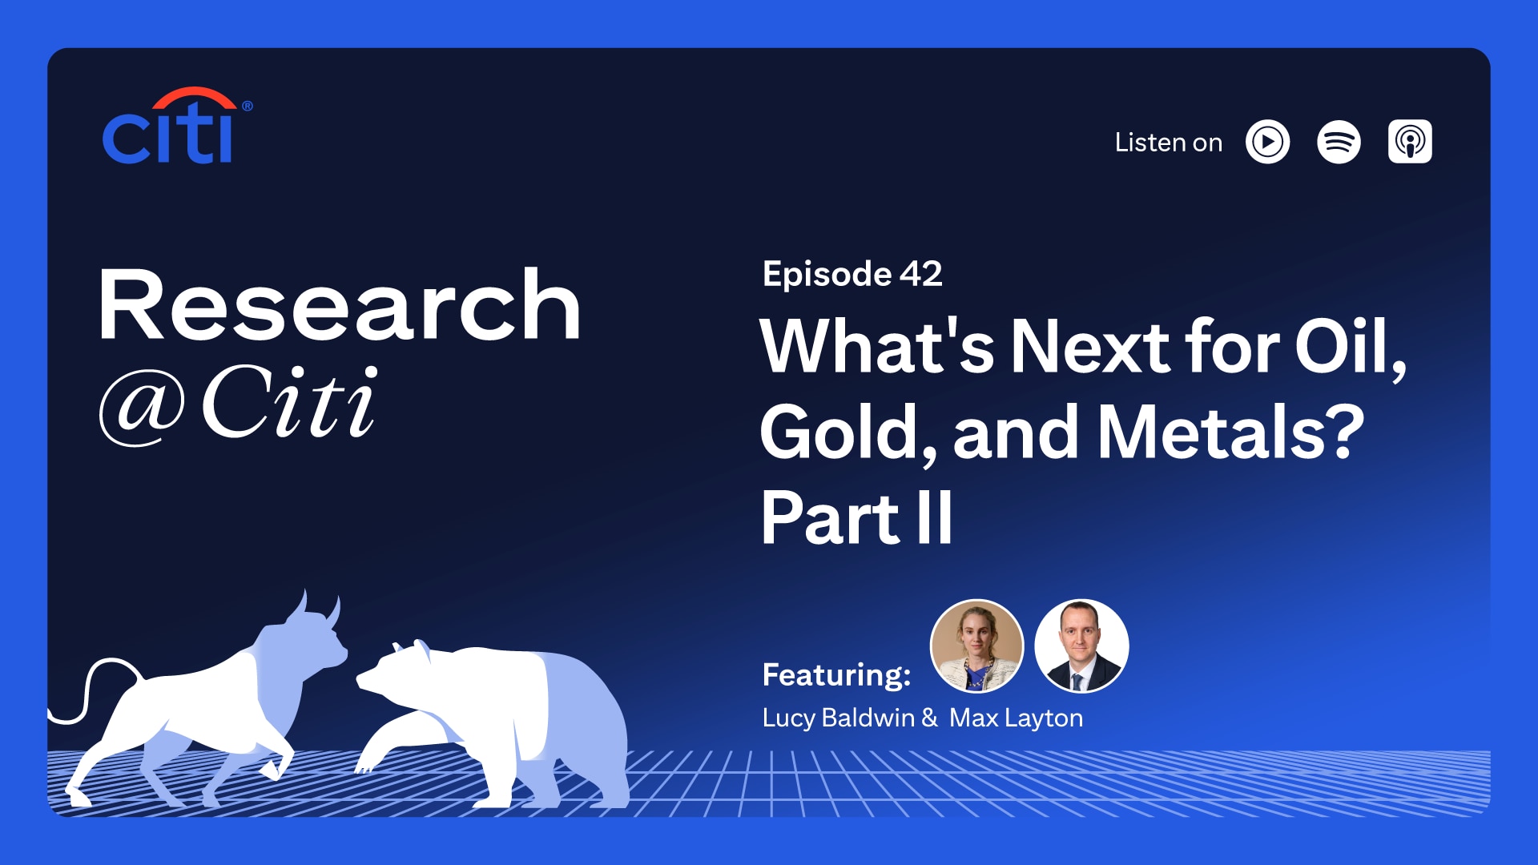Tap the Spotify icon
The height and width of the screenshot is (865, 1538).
click(x=1339, y=143)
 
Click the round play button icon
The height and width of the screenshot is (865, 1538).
click(x=1267, y=143)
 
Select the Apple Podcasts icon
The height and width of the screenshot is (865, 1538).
click(x=1410, y=143)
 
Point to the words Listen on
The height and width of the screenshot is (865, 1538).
click(x=1168, y=143)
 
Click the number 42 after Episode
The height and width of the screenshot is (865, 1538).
click(x=920, y=274)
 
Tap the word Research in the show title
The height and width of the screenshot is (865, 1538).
click(x=339, y=306)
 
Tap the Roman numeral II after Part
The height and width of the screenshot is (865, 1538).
click(x=934, y=518)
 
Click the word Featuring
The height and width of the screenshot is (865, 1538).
click(x=835, y=674)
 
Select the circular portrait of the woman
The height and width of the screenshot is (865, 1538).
click(x=976, y=646)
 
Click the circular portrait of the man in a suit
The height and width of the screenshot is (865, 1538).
click(x=1081, y=646)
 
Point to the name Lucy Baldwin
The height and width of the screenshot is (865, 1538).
click(x=838, y=718)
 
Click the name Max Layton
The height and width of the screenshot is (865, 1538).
click(x=1016, y=718)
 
